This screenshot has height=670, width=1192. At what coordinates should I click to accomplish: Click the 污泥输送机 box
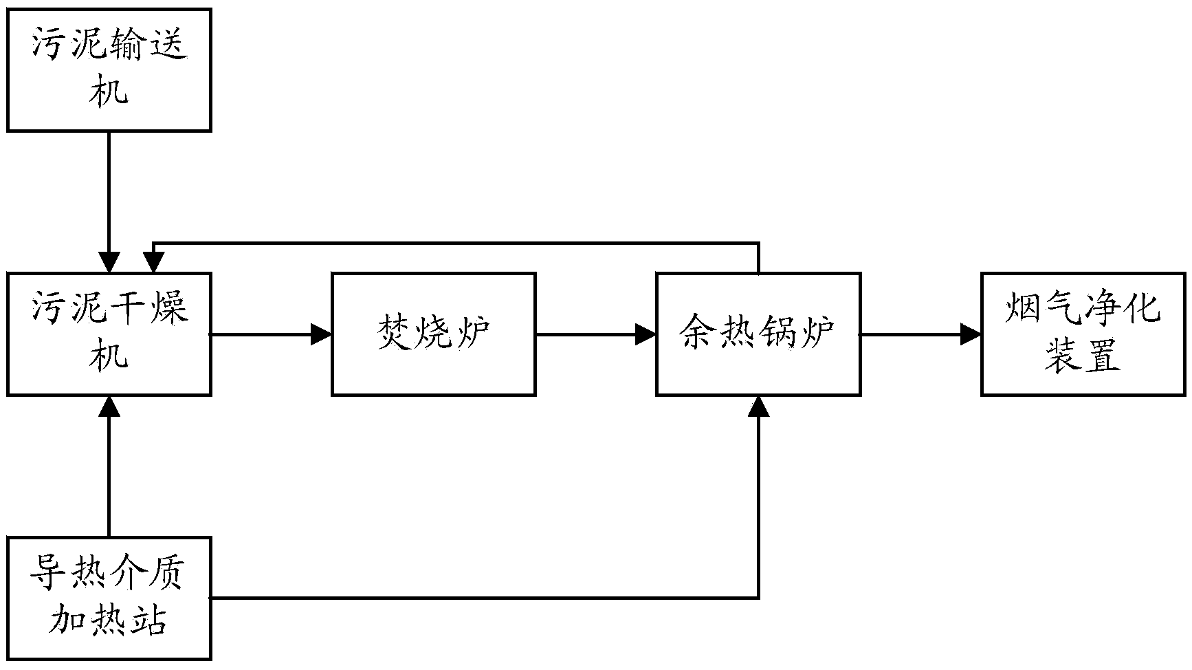(x=109, y=69)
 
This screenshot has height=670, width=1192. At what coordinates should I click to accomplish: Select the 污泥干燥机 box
(x=109, y=334)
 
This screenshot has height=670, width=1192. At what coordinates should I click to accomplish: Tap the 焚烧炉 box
(x=433, y=334)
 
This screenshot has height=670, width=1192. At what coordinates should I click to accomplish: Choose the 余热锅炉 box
(x=758, y=334)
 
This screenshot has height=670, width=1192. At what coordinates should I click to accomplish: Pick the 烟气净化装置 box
(x=1083, y=334)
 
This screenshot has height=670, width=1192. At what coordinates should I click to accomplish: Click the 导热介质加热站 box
(x=109, y=598)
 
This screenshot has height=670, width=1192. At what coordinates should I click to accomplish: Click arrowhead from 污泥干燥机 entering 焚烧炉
(x=322, y=334)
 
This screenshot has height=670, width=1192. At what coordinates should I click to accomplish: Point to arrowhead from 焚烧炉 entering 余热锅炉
(x=646, y=334)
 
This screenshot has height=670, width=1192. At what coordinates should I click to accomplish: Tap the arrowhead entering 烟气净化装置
(x=971, y=334)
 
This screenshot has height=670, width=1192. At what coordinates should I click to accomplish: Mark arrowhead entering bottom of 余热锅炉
(x=758, y=406)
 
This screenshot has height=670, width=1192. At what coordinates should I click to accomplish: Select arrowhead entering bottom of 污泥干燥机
(x=109, y=406)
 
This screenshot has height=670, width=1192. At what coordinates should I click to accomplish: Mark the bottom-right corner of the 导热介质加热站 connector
(x=758, y=597)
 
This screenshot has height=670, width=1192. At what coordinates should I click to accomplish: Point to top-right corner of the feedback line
(x=758, y=243)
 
